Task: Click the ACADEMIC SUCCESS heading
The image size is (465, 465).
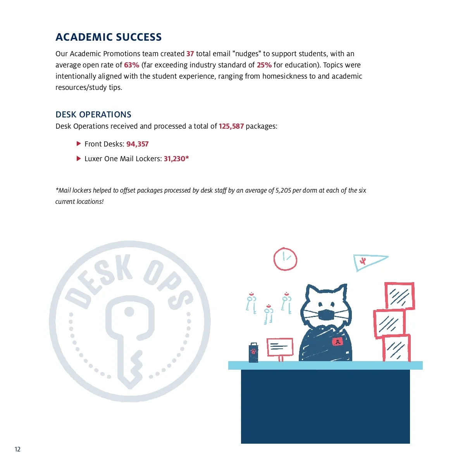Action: pyautogui.click(x=108, y=37)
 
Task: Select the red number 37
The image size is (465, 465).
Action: pyautogui.click(x=190, y=54)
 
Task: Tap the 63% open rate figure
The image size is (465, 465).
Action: pyautogui.click(x=131, y=65)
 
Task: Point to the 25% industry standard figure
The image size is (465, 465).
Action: pyautogui.click(x=264, y=65)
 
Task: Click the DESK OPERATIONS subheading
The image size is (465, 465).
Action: pyautogui.click(x=93, y=115)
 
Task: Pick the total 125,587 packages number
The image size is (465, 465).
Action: pyautogui.click(x=231, y=126)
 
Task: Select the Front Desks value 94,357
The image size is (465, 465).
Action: pyautogui.click(x=137, y=144)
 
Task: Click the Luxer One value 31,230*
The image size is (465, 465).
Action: pyautogui.click(x=176, y=159)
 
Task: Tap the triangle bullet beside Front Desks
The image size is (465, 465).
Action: pyautogui.click(x=79, y=144)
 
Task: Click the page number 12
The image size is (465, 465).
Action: pyautogui.click(x=17, y=449)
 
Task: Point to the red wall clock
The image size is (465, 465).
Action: pyautogui.click(x=285, y=259)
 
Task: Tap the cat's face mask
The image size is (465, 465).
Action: pyautogui.click(x=326, y=315)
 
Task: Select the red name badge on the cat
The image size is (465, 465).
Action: pyautogui.click(x=338, y=342)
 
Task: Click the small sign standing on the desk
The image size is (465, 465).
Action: pyautogui.click(x=280, y=346)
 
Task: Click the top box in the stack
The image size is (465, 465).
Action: pyautogui.click(x=400, y=296)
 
